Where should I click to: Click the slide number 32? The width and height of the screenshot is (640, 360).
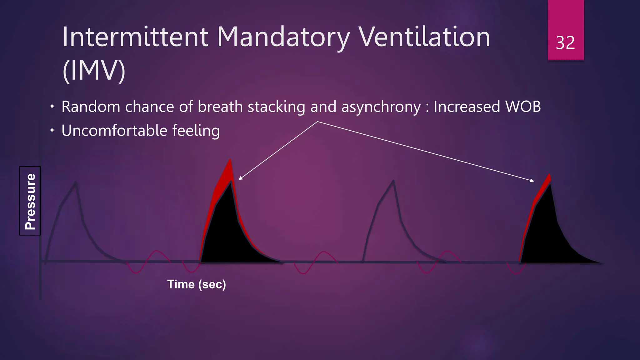[565, 43]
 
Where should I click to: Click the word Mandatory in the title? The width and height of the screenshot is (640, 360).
[283, 37]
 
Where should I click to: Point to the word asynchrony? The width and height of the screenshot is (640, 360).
[381, 107]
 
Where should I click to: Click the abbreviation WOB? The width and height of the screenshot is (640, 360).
[523, 107]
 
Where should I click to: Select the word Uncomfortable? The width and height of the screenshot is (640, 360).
[114, 131]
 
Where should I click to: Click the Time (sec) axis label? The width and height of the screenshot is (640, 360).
[196, 284]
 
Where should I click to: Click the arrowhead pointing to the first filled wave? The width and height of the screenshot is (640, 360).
[240, 178]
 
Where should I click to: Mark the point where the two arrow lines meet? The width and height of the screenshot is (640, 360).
[317, 122]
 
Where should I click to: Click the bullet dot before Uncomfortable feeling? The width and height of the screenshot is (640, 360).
[52, 131]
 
